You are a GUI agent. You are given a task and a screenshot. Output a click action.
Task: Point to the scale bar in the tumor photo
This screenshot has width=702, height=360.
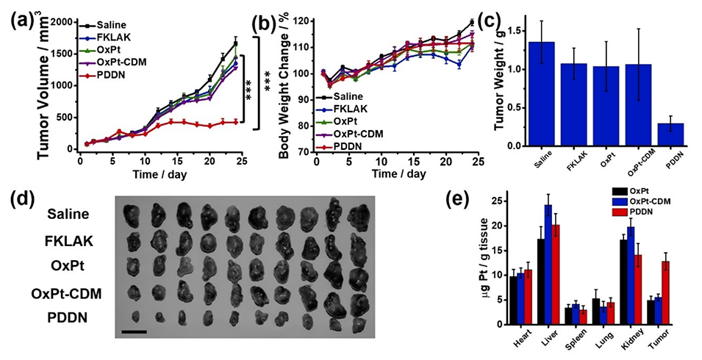pos(134,331)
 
